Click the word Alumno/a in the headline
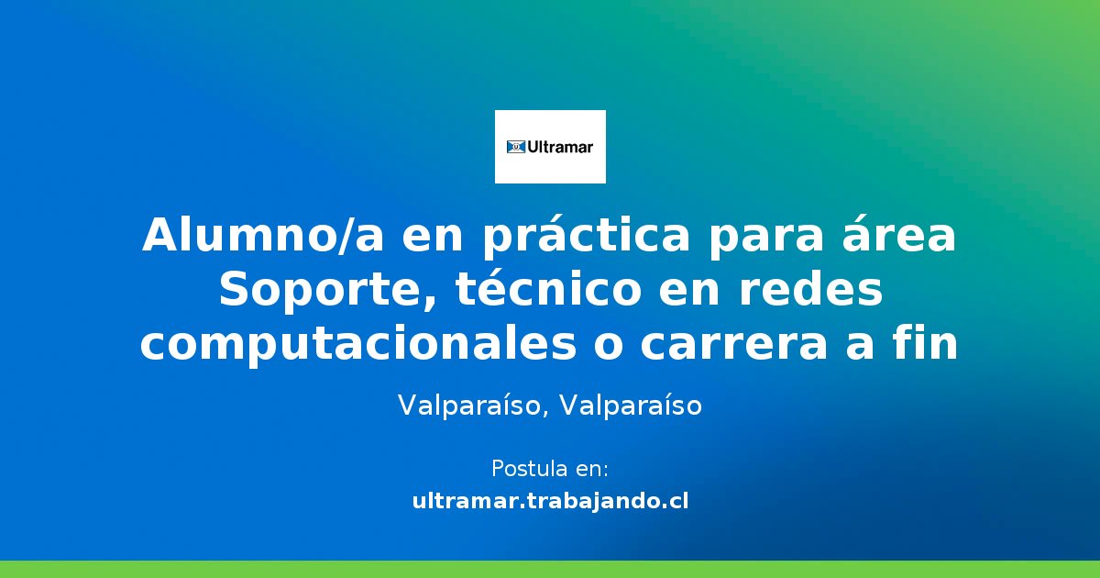coord(263,235)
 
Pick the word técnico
coord(548,289)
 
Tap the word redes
coord(810,289)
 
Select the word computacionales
coord(358,343)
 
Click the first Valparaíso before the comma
coord(468,406)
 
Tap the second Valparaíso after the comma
coord(631,406)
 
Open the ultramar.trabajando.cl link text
coord(550,501)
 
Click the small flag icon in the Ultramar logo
coord(515,147)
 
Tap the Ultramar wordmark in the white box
coord(560,147)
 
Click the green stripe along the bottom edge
coord(550,569)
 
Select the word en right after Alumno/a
coord(433,239)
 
